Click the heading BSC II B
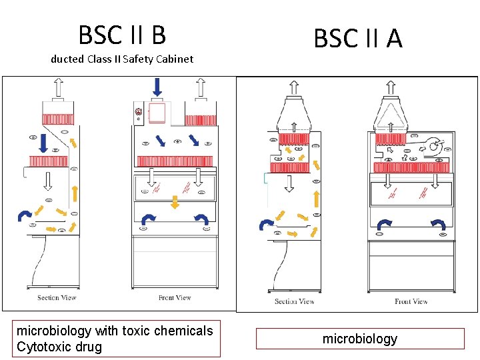122,34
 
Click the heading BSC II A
358,39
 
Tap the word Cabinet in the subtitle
175,59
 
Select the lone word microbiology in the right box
359,339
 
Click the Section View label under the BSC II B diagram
57,297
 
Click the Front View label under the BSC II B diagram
175,297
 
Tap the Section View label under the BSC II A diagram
294,301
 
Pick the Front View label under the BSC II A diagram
411,301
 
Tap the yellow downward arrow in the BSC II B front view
175,202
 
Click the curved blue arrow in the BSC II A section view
266,224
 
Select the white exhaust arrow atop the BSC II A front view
391,87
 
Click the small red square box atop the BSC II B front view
157,113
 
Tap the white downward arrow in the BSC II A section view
291,181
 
